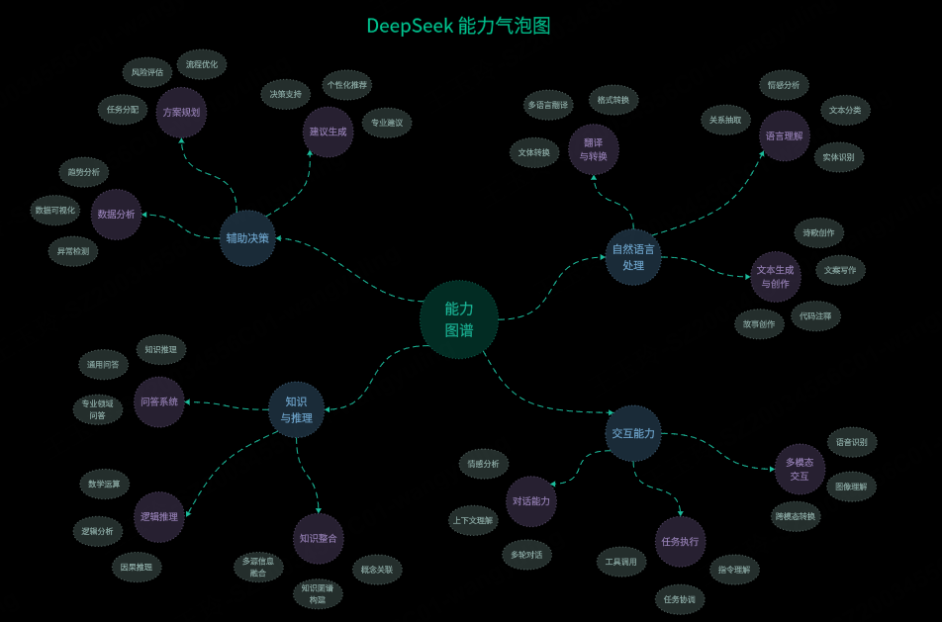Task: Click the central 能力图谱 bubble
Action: click(x=458, y=319)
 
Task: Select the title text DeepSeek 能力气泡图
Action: click(x=458, y=26)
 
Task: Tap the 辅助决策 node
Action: click(x=247, y=237)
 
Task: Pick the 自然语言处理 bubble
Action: click(x=633, y=257)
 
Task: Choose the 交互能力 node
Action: click(x=633, y=433)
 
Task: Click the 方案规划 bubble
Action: click(x=181, y=113)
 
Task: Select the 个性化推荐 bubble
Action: click(x=346, y=85)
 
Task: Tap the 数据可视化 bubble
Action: click(x=54, y=211)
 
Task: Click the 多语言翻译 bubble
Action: click(x=547, y=105)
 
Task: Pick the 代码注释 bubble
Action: click(x=816, y=316)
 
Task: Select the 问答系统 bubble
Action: click(x=159, y=401)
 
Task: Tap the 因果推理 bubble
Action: click(x=137, y=567)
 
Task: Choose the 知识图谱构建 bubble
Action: click(x=318, y=593)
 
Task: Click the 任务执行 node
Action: click(x=680, y=541)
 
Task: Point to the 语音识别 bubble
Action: click(x=851, y=442)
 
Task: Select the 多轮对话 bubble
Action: click(x=526, y=555)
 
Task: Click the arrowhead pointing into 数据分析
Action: click(x=145, y=214)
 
